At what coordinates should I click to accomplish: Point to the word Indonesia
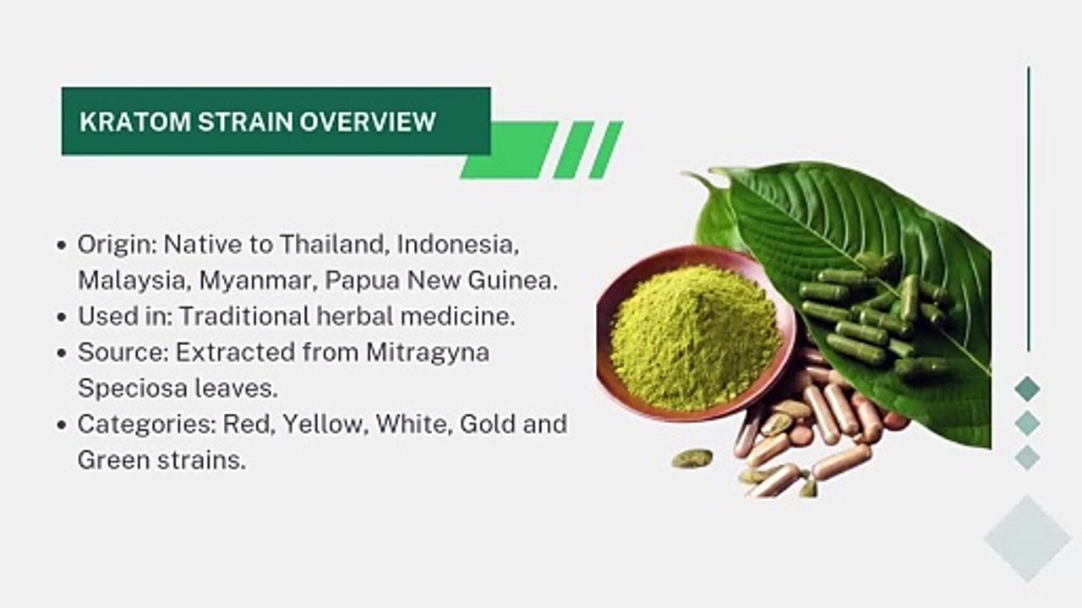coord(456,245)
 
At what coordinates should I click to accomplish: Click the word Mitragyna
coord(427,351)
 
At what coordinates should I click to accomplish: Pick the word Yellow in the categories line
coord(325,423)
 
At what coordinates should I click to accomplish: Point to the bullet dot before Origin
coord(62,246)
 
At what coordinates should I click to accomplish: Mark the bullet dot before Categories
coord(62,424)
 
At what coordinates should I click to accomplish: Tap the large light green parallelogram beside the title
coord(508,149)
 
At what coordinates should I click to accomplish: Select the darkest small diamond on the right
coord(1027,388)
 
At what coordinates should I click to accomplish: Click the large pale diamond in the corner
coord(1027,539)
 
